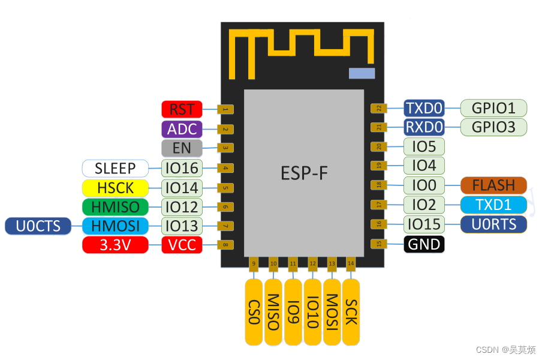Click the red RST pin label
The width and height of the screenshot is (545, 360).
coord(182,109)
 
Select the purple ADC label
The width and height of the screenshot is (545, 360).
coord(182,129)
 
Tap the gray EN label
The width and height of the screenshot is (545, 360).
coord(182,148)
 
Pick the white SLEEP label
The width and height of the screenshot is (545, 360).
coord(115,168)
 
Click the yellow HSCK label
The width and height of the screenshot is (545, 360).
coord(115,188)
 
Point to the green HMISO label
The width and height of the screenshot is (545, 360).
coord(115,207)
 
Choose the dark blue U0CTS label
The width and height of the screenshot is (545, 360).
coord(38,226)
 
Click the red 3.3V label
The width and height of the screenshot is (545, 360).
coord(115,245)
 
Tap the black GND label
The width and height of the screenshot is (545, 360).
coord(424,244)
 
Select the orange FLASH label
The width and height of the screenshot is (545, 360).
coord(493,185)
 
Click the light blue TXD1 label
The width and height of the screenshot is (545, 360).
coord(493,205)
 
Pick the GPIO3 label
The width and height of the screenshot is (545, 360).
coord(493,127)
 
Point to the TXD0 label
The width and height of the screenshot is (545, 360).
coord(424,108)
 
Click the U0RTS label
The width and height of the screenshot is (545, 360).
coord(493,224)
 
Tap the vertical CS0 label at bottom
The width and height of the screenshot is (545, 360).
coord(254,312)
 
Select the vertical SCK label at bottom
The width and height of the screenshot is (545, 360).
coord(351,312)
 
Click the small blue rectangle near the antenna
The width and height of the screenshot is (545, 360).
coord(362,73)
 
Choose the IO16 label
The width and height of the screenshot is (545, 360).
coord(182,168)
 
